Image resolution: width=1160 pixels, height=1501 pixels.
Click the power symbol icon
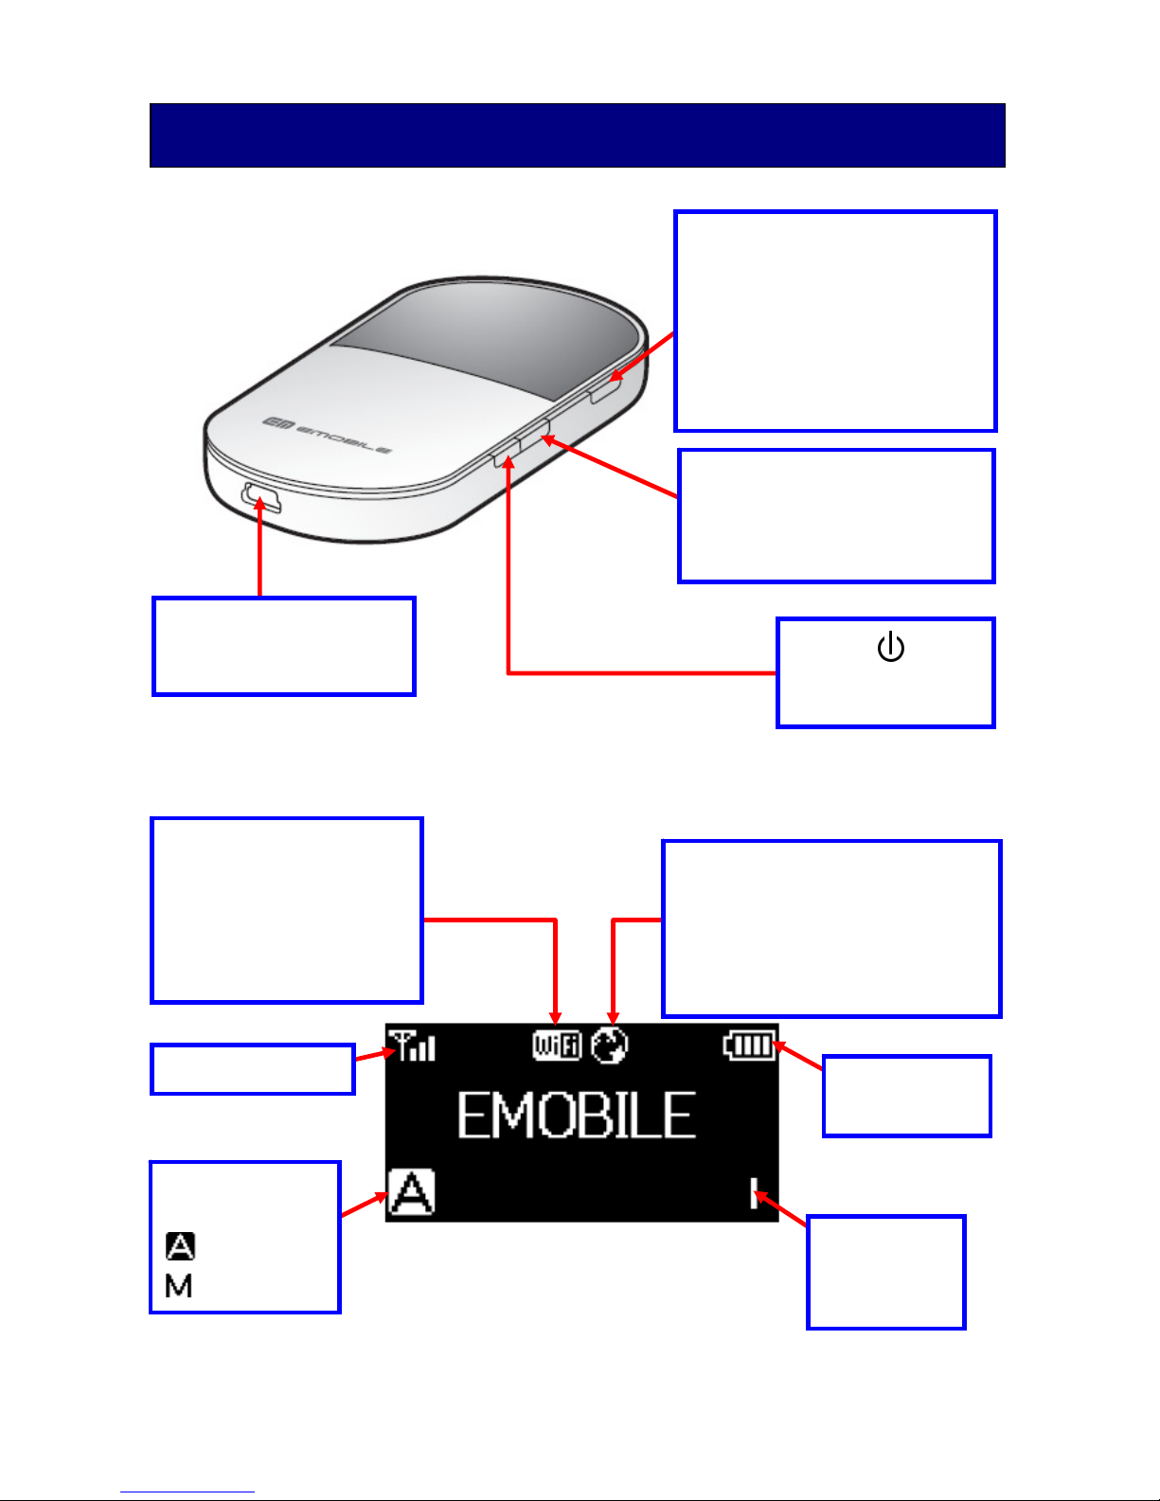click(891, 647)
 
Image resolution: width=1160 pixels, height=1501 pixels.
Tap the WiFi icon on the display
click(557, 1045)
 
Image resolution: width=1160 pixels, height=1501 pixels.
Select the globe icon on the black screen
click(610, 1045)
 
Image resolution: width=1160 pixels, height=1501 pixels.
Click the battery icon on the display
click(748, 1045)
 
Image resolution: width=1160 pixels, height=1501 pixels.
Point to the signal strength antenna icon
click(412, 1045)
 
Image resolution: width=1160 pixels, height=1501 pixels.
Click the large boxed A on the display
click(412, 1191)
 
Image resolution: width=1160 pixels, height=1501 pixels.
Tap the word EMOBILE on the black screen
click(577, 1116)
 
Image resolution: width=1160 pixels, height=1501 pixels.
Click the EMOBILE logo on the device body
click(326, 436)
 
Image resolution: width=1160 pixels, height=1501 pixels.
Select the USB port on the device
click(261, 497)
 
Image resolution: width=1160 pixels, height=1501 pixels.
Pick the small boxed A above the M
click(180, 1246)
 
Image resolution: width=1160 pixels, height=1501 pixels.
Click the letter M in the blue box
click(178, 1286)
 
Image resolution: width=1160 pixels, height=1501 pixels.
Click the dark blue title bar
click(578, 135)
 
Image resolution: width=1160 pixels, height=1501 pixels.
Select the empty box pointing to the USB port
click(284, 646)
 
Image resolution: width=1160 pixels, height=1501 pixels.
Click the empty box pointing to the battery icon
click(906, 1096)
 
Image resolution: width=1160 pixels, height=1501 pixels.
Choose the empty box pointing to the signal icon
click(253, 1068)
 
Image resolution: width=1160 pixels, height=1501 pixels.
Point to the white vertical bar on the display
click(754, 1193)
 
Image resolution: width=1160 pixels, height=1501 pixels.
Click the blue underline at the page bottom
click(187, 1492)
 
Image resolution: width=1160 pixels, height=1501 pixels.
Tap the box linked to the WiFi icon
click(287, 910)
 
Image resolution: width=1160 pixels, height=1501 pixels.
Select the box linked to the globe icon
click(831, 928)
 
